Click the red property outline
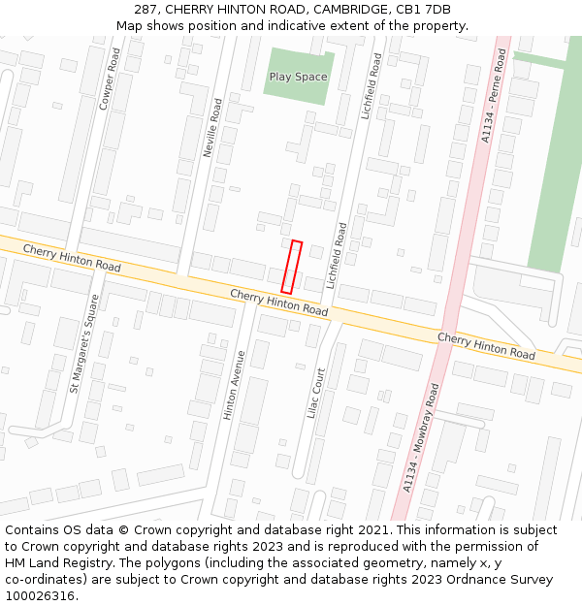pos(291,267)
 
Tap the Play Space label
pos(299,77)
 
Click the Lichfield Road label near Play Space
pos(371,86)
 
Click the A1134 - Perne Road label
pos(495,97)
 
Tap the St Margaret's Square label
pos(83,343)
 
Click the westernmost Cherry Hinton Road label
pos(72,258)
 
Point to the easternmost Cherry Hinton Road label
pos(486,346)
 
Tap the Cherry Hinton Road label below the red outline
pos(279,302)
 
